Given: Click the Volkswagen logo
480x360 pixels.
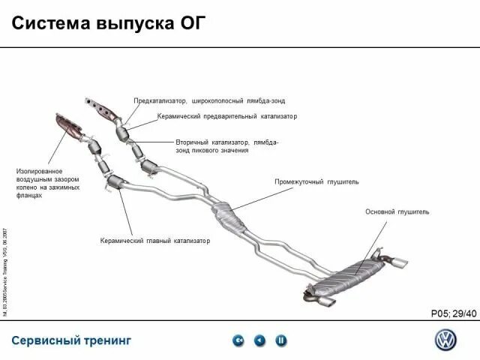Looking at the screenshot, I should (x=445, y=339).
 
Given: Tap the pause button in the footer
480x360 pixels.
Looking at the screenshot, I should (x=281, y=340).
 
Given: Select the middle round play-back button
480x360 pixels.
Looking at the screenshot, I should (x=259, y=340).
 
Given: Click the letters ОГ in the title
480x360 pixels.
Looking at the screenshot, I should (x=187, y=22).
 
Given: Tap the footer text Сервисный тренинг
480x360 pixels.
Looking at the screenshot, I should (x=71, y=340).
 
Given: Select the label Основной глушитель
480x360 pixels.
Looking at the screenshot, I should (x=397, y=212).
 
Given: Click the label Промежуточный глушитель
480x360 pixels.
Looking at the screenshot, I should (x=316, y=181).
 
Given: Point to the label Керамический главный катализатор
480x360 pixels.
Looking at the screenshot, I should (x=154, y=241).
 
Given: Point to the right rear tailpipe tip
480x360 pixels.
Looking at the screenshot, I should (x=400, y=262).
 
